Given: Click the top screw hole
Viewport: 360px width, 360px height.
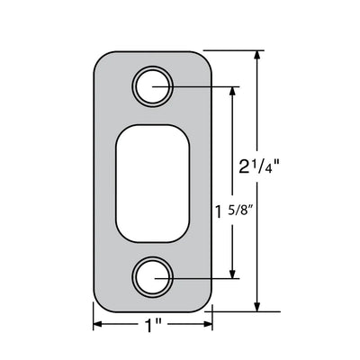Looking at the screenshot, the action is [x=153, y=87].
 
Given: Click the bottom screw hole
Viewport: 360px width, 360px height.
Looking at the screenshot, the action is [x=153, y=278].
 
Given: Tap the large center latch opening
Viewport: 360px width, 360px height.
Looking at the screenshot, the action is [x=153, y=183].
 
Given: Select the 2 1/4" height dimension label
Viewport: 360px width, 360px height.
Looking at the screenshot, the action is [x=259, y=167].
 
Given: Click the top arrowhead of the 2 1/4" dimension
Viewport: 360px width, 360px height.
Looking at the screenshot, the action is [x=256, y=56].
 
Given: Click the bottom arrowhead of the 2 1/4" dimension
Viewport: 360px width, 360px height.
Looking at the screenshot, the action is [x=256, y=306].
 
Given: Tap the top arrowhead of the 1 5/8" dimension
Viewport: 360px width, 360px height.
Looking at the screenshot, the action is [x=232, y=93].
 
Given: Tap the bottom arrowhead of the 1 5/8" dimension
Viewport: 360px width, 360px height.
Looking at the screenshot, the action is [x=232, y=273].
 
